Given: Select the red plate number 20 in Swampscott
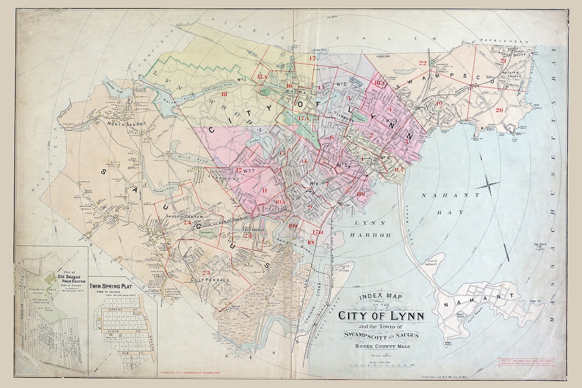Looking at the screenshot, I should pos(499,110).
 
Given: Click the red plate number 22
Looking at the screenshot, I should pos(423,63).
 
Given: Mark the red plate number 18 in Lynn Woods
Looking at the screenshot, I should pos(224,95).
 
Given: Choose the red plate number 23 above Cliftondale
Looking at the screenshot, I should pos(206,273).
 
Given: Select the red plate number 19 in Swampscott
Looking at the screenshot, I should pos(440,102).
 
